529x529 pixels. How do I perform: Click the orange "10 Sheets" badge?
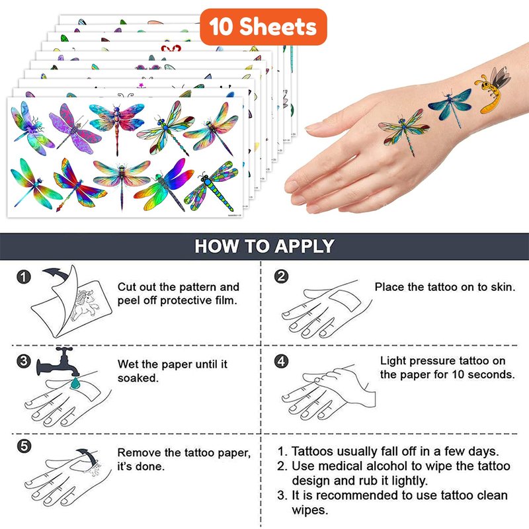click(263, 27)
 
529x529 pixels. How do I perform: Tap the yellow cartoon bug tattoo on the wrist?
click(493, 90)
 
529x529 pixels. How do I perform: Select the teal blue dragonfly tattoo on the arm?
click(450, 105)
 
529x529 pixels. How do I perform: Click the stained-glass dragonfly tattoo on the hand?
click(404, 132)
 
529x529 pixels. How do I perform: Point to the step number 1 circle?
click(24, 277)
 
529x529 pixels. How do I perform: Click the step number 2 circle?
click(282, 276)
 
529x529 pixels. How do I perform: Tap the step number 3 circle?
click(24, 361)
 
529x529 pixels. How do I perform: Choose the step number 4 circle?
click(282, 361)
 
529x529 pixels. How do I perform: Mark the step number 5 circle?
click(24, 446)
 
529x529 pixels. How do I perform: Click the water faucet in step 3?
click(59, 362)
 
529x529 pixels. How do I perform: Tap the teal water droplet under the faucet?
click(75, 384)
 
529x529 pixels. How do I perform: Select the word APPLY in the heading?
click(304, 246)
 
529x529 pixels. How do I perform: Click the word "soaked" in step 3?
click(138, 378)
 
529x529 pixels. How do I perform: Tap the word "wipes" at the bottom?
click(309, 510)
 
